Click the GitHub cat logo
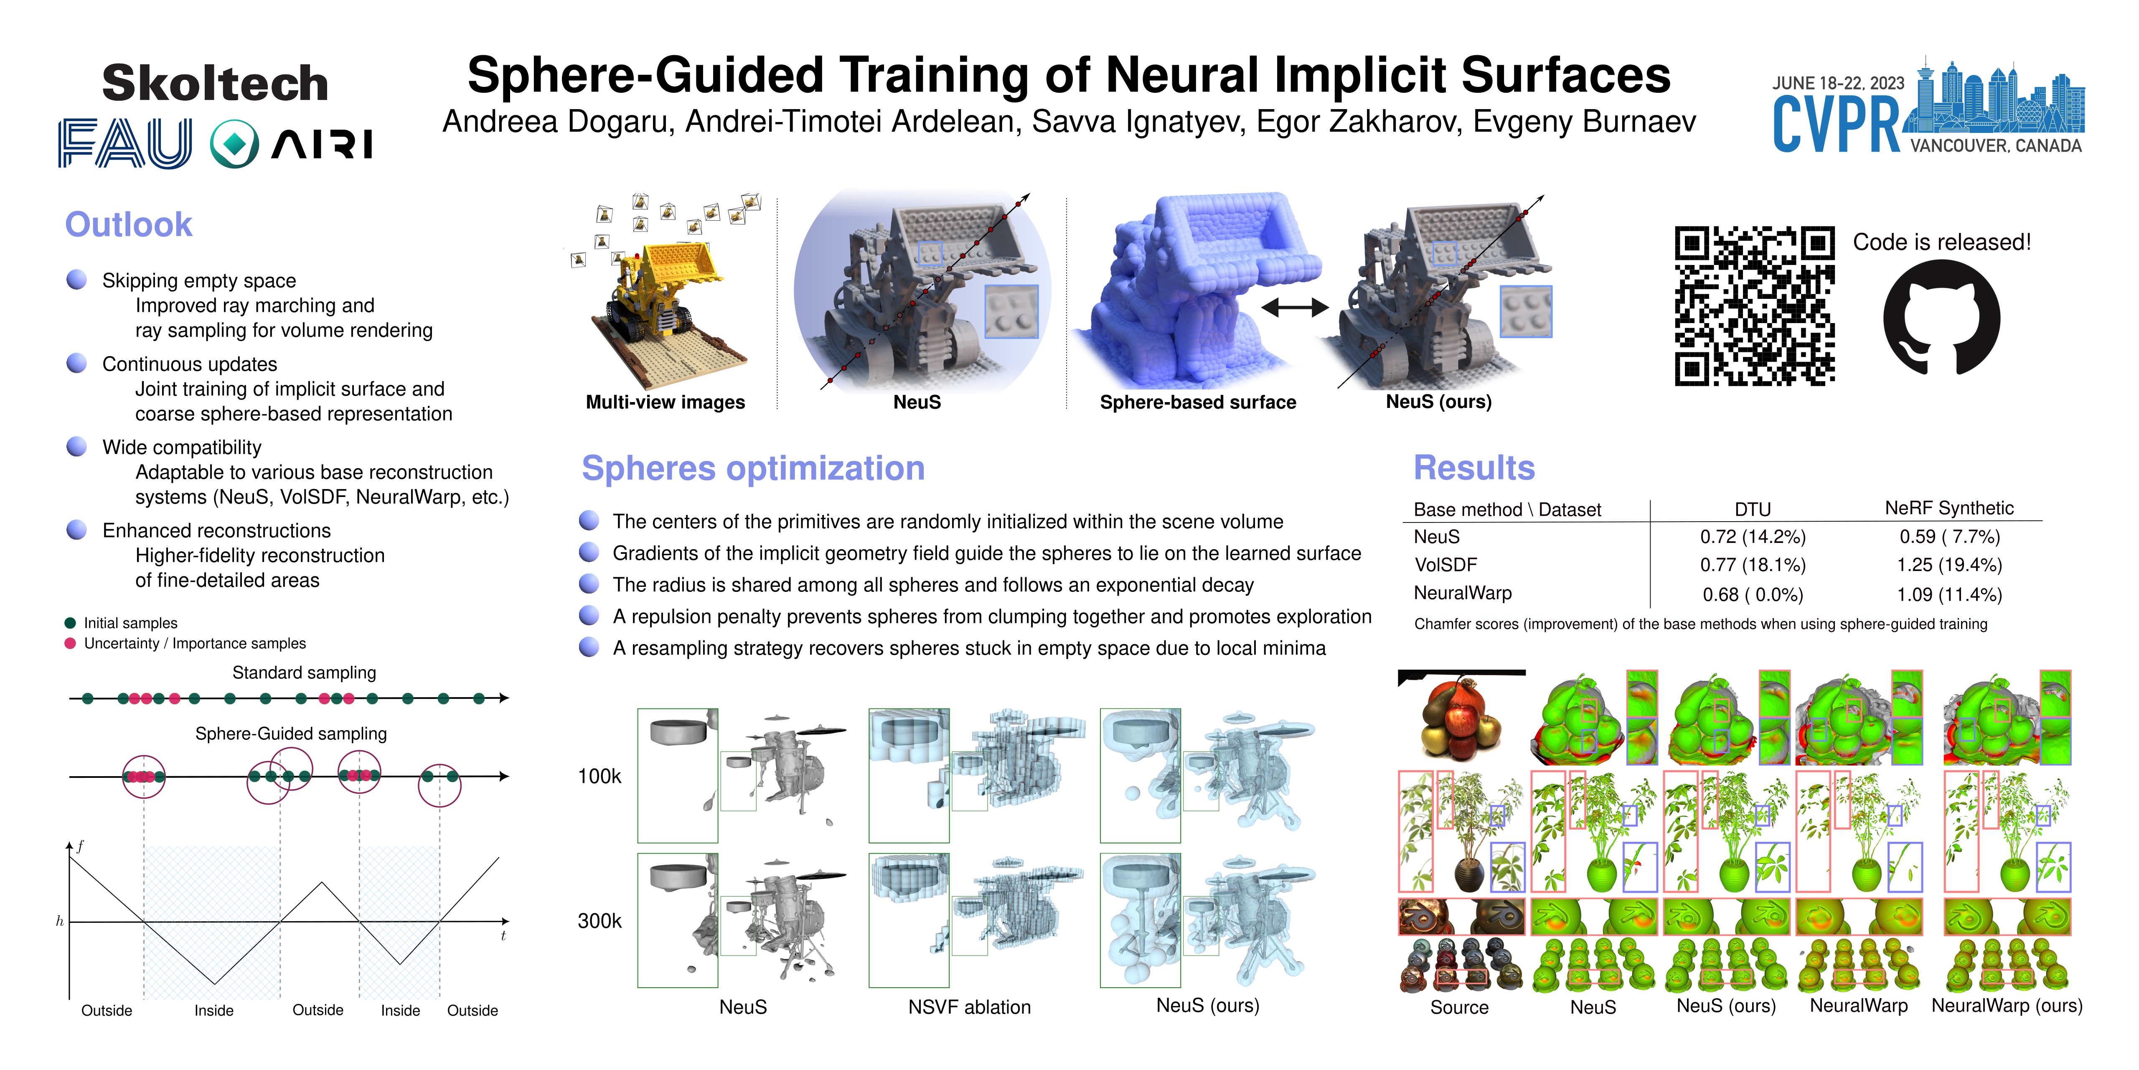(1941, 317)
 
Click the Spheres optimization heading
(753, 469)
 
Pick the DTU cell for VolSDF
(1753, 565)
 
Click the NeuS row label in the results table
(1437, 537)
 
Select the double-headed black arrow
(1295, 307)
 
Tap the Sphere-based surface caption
(1197, 402)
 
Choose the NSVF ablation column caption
(969, 1007)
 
